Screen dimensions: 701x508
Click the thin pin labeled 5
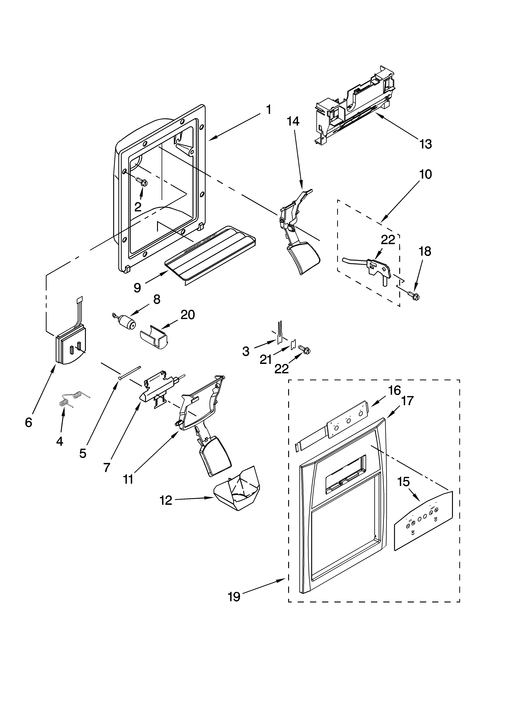coord(130,372)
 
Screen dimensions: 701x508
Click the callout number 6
coord(29,422)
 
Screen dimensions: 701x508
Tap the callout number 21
coord(265,360)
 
